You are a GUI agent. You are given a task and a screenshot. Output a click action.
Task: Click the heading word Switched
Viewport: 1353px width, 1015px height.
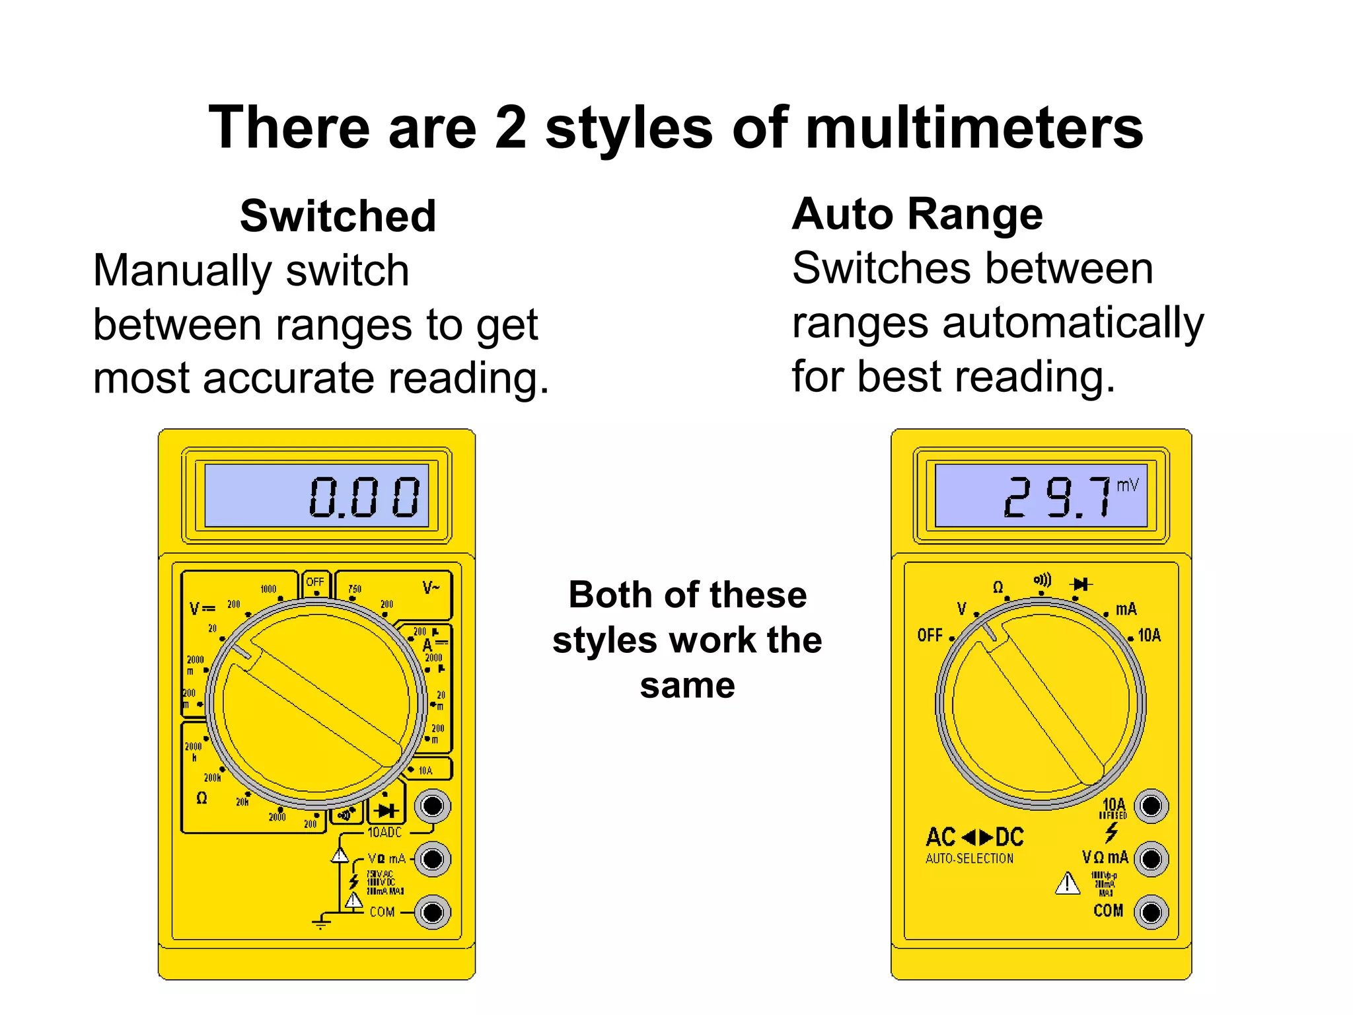click(338, 216)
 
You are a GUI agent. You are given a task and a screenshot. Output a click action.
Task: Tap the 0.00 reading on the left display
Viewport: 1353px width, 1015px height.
click(364, 497)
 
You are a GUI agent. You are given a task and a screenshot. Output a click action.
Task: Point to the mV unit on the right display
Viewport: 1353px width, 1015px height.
click(1128, 486)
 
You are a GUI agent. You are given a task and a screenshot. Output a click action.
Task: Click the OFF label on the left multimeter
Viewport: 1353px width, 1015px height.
click(315, 582)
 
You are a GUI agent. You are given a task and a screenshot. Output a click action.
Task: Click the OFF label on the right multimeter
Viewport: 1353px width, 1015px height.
click(930, 636)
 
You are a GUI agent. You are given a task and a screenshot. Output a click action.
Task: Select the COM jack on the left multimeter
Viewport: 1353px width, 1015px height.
click(433, 913)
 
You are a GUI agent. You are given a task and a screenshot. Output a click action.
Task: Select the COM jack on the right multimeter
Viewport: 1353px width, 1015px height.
click(1151, 913)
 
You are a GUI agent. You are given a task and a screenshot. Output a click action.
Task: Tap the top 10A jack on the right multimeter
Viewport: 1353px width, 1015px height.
click(1151, 806)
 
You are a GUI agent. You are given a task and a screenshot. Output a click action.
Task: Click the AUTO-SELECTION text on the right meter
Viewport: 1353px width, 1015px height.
click(969, 858)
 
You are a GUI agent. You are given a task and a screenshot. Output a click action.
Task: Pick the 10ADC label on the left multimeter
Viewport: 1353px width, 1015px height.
click(384, 833)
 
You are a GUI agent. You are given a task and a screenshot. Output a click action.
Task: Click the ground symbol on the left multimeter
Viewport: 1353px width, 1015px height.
click(321, 922)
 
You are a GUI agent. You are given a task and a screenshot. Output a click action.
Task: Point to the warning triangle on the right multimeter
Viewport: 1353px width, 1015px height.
click(1067, 883)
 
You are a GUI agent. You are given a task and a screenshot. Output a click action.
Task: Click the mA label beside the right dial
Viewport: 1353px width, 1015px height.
click(1126, 609)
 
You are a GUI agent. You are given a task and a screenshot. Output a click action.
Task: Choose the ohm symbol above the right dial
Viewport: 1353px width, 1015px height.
click(998, 587)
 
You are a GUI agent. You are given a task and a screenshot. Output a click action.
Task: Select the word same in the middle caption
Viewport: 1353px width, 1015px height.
click(687, 686)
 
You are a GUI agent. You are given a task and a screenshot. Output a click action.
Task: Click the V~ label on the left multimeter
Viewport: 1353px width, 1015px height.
click(431, 587)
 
